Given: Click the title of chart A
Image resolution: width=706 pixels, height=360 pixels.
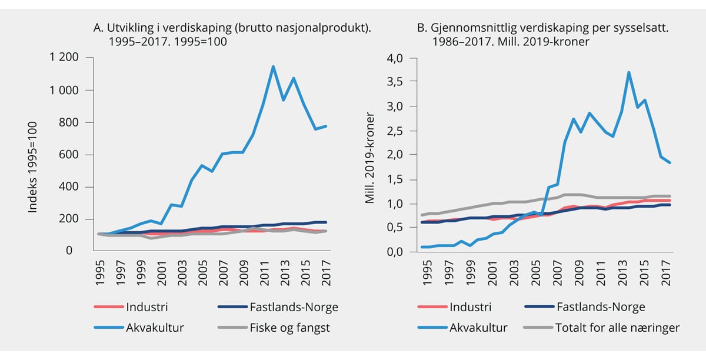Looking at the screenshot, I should pyautogui.click(x=233, y=35).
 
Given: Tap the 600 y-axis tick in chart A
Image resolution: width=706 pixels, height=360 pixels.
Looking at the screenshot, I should pyautogui.click(x=70, y=155).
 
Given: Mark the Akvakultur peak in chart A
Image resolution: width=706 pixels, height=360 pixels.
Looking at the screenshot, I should pyautogui.click(x=273, y=66).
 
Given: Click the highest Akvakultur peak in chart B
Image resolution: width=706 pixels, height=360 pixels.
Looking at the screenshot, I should pyautogui.click(x=628, y=72).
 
